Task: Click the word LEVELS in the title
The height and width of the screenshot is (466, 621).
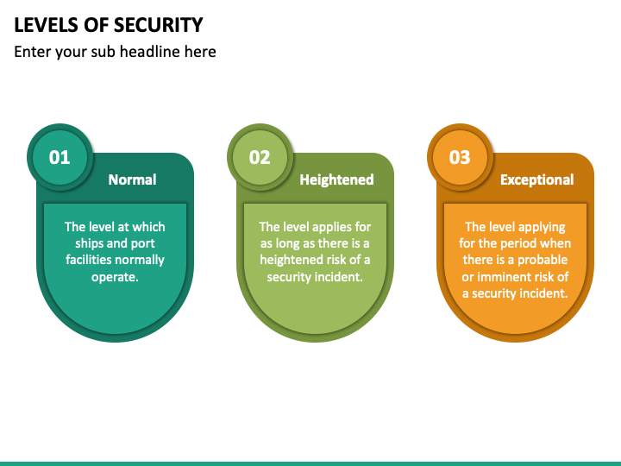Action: pos(44,24)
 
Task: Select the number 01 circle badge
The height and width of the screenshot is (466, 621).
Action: pos(60,157)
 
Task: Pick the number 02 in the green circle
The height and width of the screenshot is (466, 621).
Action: pos(260,157)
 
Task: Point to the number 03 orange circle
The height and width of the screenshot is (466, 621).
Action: pos(460,157)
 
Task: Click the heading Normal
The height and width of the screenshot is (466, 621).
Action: pos(132,179)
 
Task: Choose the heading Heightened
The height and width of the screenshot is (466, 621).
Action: pos(336,179)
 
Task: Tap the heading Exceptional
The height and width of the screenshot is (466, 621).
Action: pos(536,179)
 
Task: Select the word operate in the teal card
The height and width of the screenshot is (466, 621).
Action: pos(117,276)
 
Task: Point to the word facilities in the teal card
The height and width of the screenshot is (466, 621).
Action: pos(90,260)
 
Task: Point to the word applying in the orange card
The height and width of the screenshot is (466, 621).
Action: pos(542,227)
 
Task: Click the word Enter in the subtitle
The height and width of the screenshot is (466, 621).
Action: pos(33,52)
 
